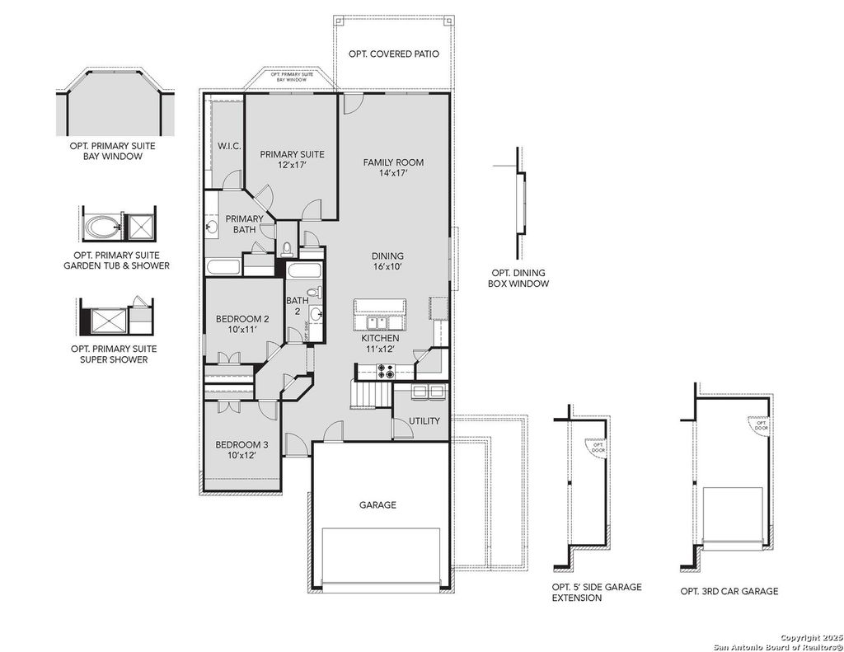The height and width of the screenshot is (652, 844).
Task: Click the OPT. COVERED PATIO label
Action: (x=393, y=54)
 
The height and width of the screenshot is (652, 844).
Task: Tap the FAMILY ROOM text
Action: (x=393, y=162)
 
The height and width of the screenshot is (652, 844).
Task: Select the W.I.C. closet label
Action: (x=228, y=147)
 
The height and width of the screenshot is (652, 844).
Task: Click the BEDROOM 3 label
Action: (x=241, y=445)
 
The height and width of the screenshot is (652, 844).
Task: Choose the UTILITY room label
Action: (x=424, y=421)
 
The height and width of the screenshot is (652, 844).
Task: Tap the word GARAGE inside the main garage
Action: (x=377, y=504)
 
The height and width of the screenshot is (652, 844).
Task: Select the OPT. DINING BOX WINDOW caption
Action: (x=518, y=279)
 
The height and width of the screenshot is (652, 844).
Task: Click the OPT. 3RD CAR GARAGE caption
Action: (x=729, y=591)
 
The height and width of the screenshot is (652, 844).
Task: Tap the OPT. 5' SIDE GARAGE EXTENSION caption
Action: (x=596, y=592)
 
